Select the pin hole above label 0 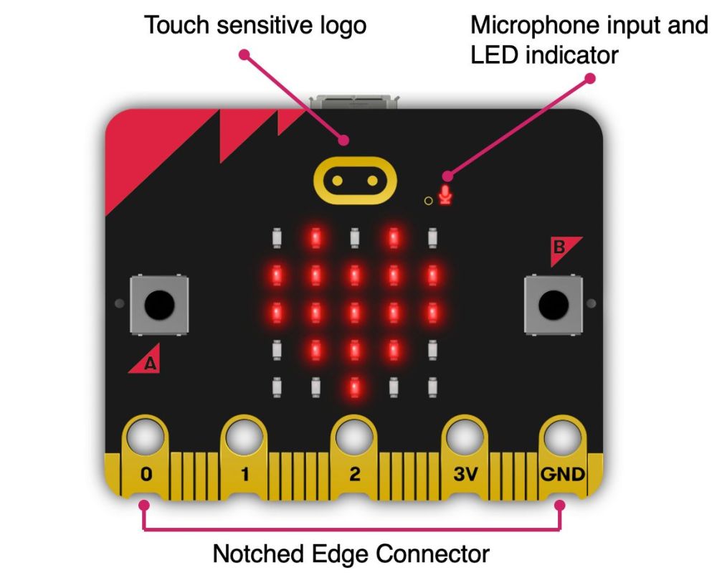(x=145, y=435)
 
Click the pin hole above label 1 (x=244, y=435)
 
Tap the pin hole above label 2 (x=353, y=435)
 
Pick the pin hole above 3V (x=464, y=435)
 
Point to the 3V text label (x=464, y=474)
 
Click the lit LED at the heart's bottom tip (x=353, y=388)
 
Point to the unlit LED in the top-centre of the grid (x=353, y=237)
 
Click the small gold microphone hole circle (x=429, y=200)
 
